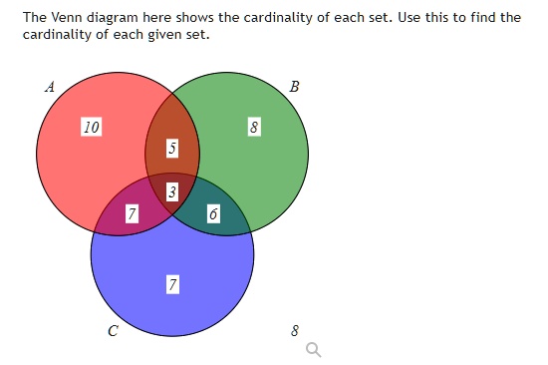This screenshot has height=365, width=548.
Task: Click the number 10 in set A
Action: (x=91, y=128)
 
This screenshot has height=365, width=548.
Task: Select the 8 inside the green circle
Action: (x=254, y=128)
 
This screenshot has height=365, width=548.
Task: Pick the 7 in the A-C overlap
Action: (x=132, y=214)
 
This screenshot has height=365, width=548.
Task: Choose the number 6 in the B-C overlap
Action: (x=212, y=214)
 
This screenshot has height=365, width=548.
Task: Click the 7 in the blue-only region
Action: (x=172, y=286)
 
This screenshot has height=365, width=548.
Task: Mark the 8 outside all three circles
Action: (x=294, y=329)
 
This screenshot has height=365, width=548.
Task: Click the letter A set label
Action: (x=49, y=87)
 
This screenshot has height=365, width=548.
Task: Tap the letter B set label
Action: (x=293, y=87)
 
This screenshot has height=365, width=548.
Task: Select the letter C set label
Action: (x=112, y=330)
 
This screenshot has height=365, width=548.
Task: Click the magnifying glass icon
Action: (x=314, y=349)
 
